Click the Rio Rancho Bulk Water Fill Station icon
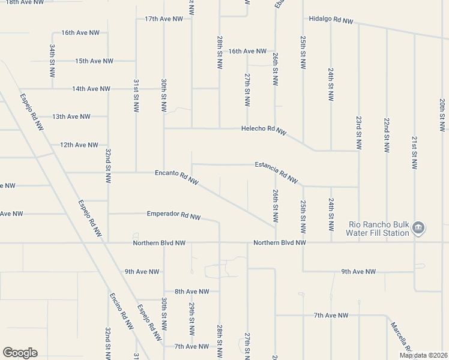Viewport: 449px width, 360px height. (x=419, y=228)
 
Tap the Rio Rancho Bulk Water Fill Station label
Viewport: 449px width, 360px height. (x=379, y=229)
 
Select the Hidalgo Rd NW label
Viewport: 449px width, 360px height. (x=331, y=19)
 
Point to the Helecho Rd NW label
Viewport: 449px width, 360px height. (x=264, y=130)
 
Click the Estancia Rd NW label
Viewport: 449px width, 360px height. (x=276, y=172)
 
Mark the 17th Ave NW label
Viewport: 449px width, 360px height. (x=164, y=19)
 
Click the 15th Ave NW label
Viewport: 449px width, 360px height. (x=94, y=61)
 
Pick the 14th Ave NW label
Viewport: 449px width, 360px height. (x=91, y=89)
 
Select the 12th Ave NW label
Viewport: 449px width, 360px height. (x=79, y=145)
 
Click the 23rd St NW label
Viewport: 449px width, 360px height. (x=358, y=133)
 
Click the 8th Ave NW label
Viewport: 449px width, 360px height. (x=192, y=292)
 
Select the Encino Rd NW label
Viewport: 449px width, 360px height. (x=121, y=311)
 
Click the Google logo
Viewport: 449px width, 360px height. (x=20, y=353)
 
